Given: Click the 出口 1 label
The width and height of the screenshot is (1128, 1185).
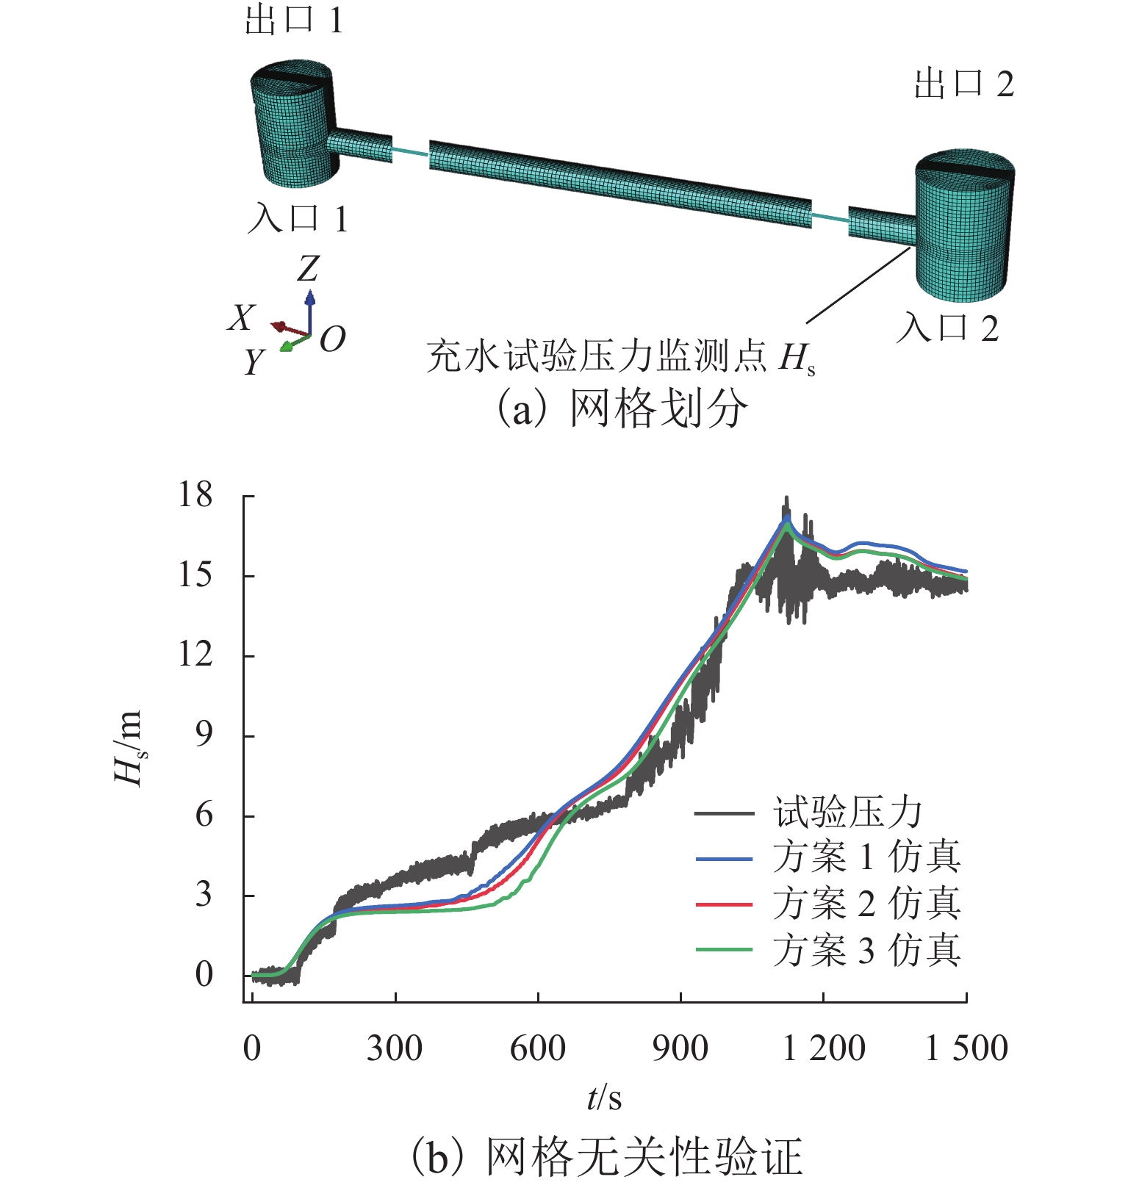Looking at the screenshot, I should [294, 21].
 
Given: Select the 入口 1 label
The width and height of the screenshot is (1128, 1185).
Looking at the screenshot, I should [297, 219].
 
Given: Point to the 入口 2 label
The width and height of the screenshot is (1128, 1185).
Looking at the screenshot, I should [947, 328].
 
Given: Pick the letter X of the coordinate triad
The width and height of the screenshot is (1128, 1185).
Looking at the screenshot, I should [240, 318].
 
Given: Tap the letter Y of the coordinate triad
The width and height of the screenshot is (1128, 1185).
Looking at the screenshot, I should [254, 361].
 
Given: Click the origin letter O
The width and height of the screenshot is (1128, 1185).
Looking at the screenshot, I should [332, 339].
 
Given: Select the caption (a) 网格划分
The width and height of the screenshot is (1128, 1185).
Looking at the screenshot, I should [622, 408].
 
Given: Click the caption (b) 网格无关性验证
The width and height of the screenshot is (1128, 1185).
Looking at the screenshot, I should [606, 1157].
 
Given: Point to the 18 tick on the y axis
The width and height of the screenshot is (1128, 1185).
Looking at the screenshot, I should [195, 495].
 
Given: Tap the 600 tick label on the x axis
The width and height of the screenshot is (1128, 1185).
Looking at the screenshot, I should [537, 1048].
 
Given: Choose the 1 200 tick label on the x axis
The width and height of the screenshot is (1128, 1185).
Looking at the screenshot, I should [824, 1048].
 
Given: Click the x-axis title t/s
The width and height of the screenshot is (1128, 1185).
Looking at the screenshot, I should [604, 1098].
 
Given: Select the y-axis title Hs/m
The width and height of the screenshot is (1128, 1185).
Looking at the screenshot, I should [129, 747].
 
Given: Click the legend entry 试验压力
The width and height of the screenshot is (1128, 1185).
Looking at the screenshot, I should [847, 813].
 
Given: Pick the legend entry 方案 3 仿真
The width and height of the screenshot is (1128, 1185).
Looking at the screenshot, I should [866, 951].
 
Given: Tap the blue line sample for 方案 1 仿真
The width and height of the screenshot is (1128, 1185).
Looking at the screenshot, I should [724, 859].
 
